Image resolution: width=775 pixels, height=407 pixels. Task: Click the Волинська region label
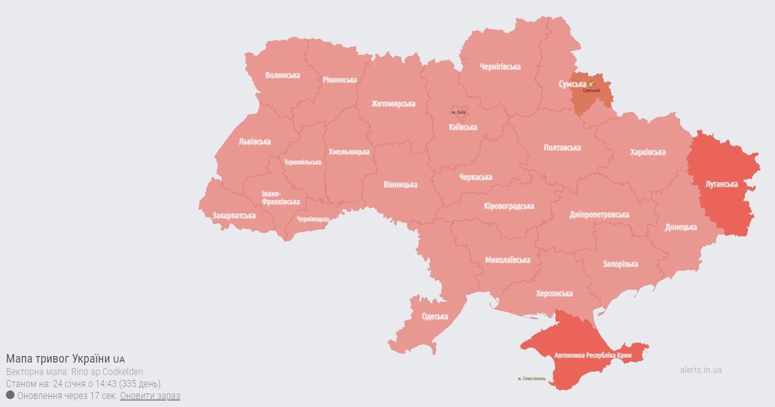[282, 75]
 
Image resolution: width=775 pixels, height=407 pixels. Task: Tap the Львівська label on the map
[254, 142]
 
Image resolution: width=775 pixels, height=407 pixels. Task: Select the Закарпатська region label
[234, 216]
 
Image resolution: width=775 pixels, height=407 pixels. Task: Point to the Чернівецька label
[313, 219]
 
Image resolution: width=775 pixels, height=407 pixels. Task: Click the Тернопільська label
[302, 162]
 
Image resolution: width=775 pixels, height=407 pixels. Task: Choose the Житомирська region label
[393, 104]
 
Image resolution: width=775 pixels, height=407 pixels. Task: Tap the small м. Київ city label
[458, 112]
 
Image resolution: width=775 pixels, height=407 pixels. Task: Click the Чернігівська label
[500, 67]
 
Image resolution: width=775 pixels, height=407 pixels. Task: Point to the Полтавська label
[562, 148]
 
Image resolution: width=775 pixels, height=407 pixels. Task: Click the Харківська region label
[648, 152]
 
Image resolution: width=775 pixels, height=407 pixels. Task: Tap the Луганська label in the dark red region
[721, 184]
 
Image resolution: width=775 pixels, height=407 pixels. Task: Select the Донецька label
[681, 227]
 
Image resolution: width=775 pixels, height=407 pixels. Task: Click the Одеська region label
[435, 317]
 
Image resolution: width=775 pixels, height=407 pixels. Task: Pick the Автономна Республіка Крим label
[593, 356]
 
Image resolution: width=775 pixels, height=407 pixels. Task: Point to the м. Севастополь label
[532, 379]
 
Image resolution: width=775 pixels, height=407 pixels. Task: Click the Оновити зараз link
[150, 396]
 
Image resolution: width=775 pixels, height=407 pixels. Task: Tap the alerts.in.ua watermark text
[701, 370]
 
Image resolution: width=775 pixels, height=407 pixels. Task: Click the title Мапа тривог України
[58, 359]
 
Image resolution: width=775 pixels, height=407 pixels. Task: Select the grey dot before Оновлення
[10, 395]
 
